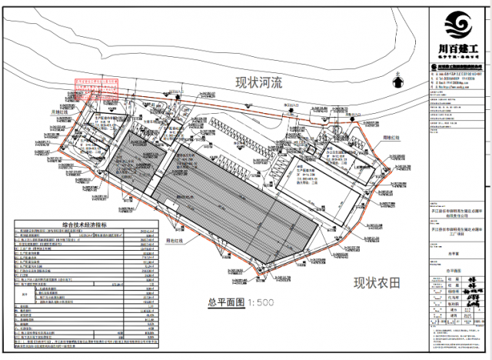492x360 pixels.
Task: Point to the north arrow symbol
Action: coord(397,79)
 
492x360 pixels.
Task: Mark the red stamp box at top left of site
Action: coord(97,89)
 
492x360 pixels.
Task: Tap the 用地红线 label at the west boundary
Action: coord(61,112)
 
